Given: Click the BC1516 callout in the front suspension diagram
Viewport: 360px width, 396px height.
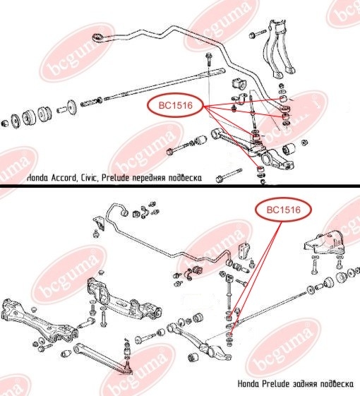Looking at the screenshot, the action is tap(176, 105).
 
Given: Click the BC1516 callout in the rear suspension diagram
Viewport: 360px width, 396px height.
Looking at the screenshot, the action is tap(284, 210).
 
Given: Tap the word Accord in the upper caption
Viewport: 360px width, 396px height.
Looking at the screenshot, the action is tap(64, 178).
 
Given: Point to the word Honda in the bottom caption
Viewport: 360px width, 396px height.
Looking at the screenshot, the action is tap(248, 384).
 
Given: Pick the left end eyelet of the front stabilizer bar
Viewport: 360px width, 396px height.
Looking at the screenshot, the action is tap(97, 38).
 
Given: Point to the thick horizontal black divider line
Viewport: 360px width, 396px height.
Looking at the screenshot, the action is tap(180, 186).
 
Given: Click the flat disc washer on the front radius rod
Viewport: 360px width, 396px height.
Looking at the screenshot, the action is tap(71, 107).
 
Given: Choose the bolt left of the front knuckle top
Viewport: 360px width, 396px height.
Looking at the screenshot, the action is tap(257, 34).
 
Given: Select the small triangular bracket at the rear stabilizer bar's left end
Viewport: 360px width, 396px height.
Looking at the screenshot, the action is tap(99, 223).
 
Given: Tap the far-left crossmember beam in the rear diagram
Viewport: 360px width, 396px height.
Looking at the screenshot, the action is tap(38, 320).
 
